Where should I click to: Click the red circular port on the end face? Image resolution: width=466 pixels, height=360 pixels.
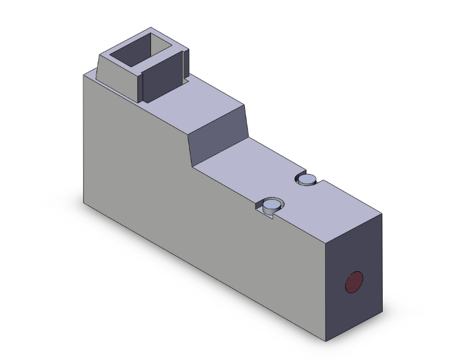[354, 282]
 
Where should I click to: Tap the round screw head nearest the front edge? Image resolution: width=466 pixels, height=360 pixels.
[272, 204]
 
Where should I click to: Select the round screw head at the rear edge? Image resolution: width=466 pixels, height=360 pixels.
[307, 180]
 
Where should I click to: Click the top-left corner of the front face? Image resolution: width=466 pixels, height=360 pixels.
[84, 74]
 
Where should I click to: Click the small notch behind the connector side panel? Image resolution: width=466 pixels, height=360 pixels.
[187, 80]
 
